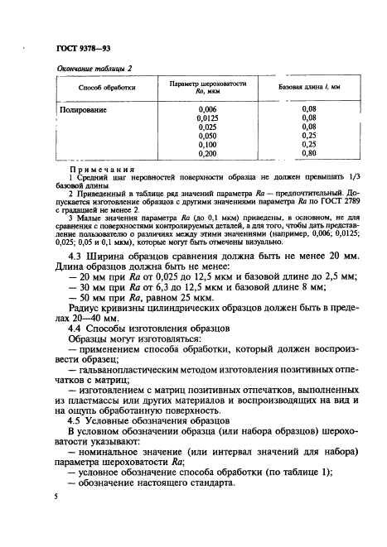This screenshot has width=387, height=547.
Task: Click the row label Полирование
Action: (x=89, y=109)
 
